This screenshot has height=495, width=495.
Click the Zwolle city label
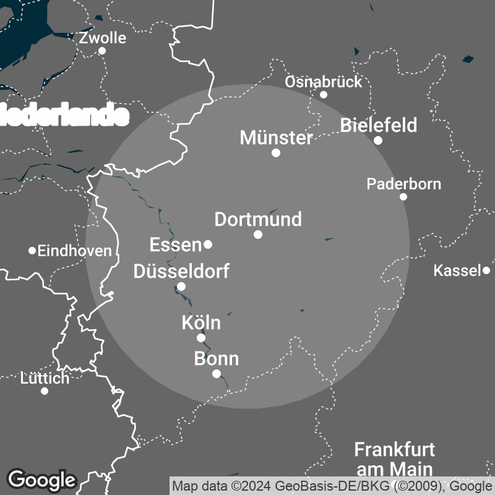point(103,38)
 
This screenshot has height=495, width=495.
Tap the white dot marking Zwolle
point(102,51)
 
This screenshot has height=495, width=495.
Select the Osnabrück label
point(323,82)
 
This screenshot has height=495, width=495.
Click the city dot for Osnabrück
point(323,95)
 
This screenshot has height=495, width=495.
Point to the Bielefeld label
point(379,126)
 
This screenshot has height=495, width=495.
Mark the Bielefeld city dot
point(378,140)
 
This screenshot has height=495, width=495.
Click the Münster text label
point(277,137)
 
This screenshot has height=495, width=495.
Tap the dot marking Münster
point(276,153)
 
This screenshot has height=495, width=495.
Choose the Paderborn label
point(403,184)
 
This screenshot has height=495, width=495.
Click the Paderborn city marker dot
point(403,197)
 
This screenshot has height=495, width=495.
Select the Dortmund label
point(258,219)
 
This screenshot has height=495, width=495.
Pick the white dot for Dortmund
point(258,235)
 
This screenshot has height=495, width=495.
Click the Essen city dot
point(208,244)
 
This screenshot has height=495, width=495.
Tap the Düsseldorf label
point(181,271)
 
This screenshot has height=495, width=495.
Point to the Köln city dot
point(200,338)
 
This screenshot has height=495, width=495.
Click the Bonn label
point(216,359)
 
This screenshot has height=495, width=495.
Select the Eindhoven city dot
point(32,251)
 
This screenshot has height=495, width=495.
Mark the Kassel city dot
point(486,270)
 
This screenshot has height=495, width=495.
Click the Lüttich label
point(45,378)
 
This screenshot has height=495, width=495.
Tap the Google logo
point(41,480)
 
